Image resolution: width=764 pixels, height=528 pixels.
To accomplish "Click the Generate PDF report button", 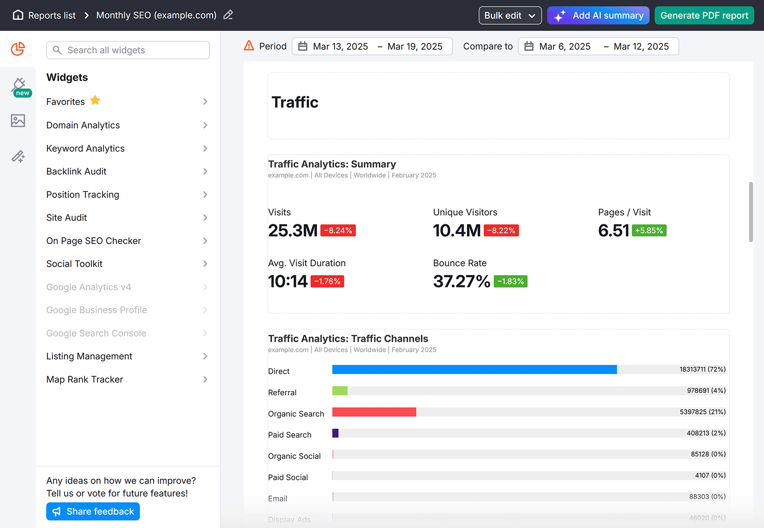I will pos(704,15).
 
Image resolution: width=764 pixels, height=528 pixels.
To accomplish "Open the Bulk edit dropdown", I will pos(509,15).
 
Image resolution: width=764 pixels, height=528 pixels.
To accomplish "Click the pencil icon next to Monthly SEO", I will pos(228,15).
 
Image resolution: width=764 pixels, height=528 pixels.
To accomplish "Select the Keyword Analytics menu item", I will pos(85,148).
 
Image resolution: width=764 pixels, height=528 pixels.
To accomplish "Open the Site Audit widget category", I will pos(67,218).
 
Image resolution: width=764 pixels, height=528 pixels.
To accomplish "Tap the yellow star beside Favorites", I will pos(95,100).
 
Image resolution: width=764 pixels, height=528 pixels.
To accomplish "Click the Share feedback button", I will pos(93,511).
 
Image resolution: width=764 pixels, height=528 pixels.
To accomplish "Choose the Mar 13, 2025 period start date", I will pos(340,46).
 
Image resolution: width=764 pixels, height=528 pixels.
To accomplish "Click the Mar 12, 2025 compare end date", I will pos(641,46).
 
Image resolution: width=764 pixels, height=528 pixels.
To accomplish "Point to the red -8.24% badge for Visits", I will pos(338,231).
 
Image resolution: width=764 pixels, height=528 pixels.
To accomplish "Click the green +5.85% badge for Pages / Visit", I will pos(649,231).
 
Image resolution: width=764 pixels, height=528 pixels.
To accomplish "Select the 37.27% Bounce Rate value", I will pos(461,282).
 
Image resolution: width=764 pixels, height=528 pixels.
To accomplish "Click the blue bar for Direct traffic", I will pos(474,370).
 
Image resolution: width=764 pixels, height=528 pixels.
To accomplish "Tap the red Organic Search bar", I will pos(374,412).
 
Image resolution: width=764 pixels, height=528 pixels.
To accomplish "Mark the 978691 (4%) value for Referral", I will pos(706,391).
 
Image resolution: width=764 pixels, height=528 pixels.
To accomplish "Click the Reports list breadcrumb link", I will pos(52,15).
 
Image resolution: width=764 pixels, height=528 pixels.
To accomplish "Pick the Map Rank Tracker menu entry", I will pos(85,380).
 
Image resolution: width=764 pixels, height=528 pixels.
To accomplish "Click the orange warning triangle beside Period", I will pos(249,46).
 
